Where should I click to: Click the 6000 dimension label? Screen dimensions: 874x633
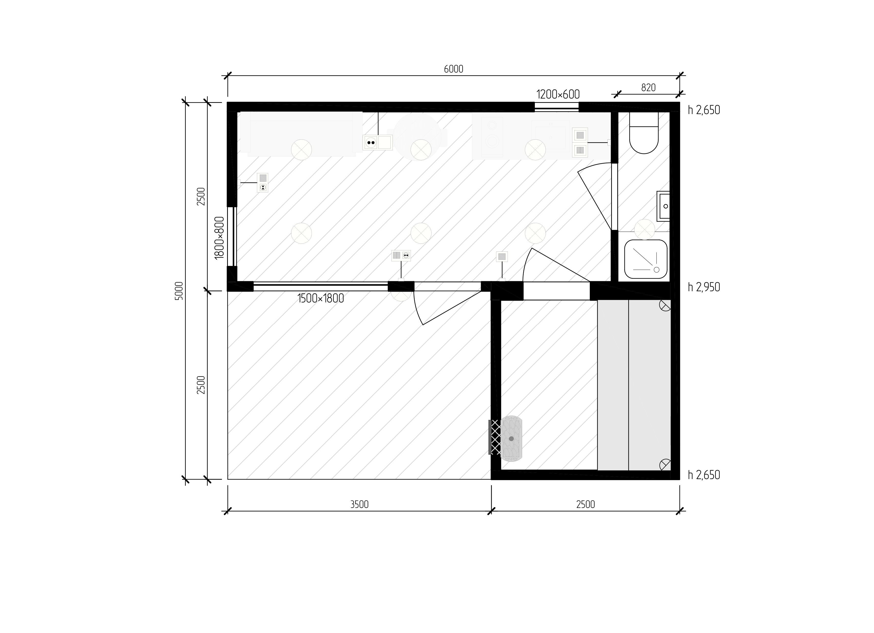pos(453,69)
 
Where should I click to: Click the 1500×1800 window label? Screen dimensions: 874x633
pos(321,298)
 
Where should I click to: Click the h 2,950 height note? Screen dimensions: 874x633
pos(704,287)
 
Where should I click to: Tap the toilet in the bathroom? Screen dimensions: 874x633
pos(644,133)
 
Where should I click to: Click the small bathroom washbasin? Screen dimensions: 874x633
pos(663,206)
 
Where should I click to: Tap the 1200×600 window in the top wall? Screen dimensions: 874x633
pos(557,107)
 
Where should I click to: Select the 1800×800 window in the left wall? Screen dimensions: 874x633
pos(232,237)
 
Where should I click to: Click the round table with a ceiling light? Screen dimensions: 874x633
pos(417,137)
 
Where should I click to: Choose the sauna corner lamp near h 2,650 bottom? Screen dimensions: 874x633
pos(665,465)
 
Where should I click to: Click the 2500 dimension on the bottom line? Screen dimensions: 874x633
pos(585,504)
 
